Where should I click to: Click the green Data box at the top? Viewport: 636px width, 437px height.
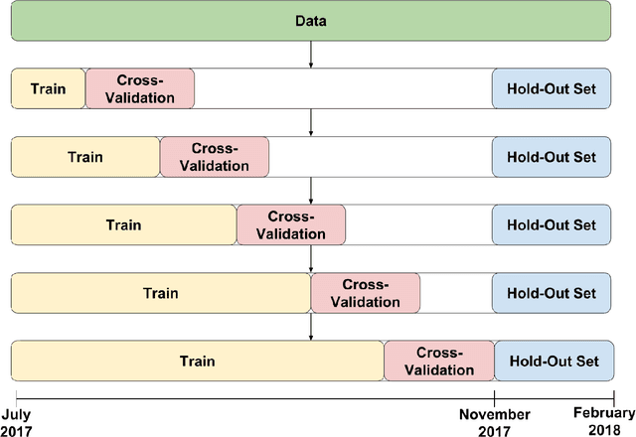click(x=310, y=20)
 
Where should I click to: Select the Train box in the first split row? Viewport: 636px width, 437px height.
click(x=48, y=88)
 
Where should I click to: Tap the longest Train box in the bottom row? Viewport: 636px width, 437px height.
click(x=197, y=361)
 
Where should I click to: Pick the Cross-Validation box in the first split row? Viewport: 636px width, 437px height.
click(x=140, y=88)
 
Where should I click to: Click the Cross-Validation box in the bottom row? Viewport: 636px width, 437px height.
click(x=438, y=361)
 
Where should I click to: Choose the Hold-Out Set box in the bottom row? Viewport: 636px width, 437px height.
click(x=552, y=361)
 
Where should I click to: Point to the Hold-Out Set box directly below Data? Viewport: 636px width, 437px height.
click(x=552, y=88)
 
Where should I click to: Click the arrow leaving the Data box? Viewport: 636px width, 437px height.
click(x=311, y=55)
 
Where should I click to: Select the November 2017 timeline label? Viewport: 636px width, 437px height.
click(x=493, y=422)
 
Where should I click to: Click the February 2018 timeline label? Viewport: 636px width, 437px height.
click(x=603, y=422)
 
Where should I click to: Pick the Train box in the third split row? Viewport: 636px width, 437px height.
click(x=123, y=224)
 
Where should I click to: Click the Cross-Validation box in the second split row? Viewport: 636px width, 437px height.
click(x=215, y=157)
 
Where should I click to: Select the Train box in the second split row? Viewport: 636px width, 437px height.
click(x=85, y=157)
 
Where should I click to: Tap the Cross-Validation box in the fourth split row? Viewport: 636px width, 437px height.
click(x=365, y=293)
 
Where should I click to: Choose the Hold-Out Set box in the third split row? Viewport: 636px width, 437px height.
click(x=552, y=224)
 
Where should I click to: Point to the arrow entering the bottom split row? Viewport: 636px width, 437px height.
click(x=311, y=327)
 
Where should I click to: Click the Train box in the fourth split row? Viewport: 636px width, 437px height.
click(x=160, y=293)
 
